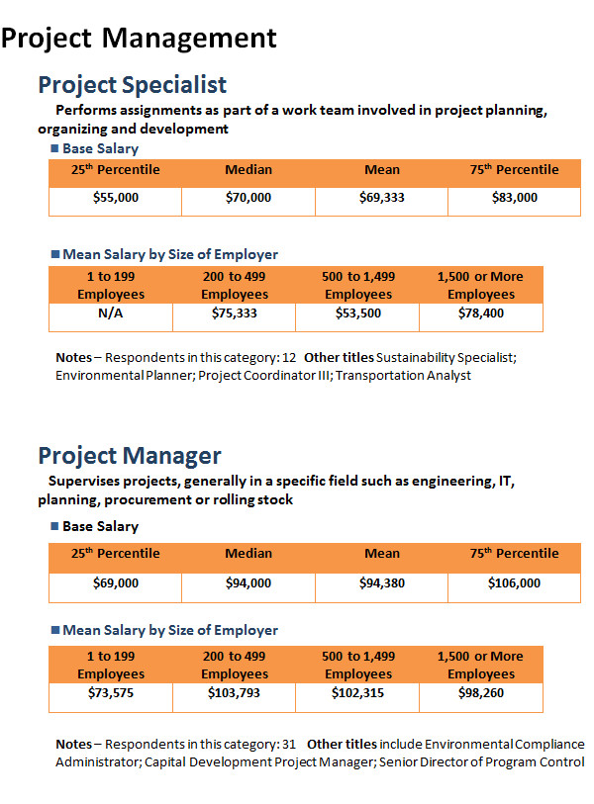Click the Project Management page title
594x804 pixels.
point(139,39)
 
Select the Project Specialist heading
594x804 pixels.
point(133,85)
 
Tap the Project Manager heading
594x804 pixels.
point(130,456)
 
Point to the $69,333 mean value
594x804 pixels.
point(382,198)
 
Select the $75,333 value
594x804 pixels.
point(234,313)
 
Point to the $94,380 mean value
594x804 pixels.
point(382,583)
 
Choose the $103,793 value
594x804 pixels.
point(234,693)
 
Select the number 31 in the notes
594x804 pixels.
point(289,744)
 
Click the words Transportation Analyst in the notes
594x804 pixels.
point(403,376)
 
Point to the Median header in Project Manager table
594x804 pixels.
point(248,553)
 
